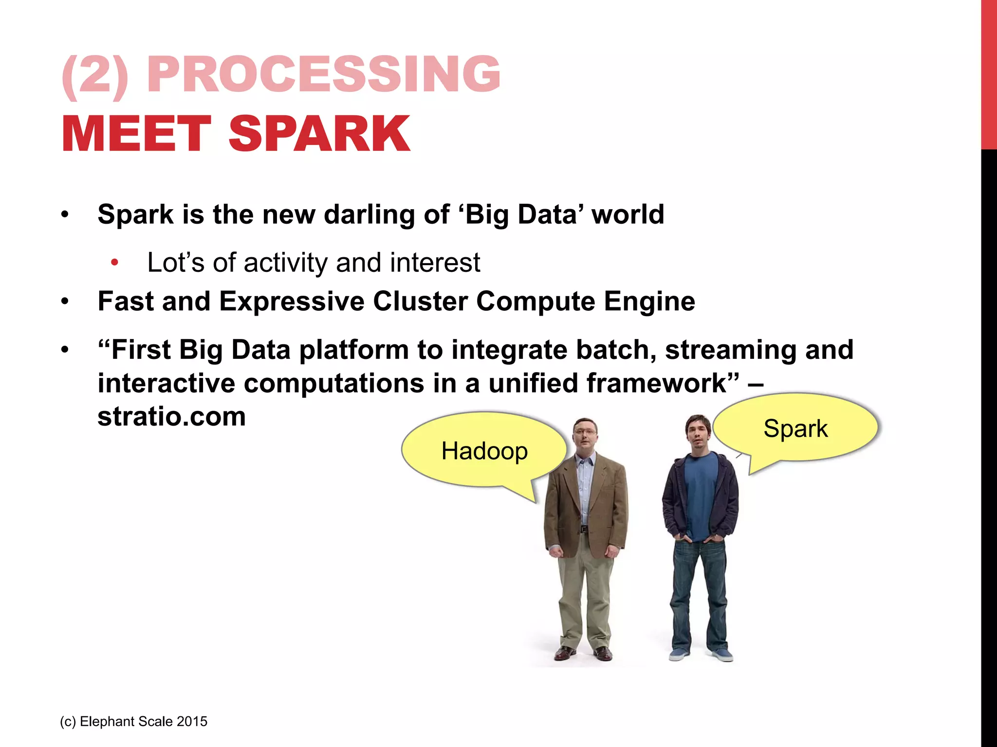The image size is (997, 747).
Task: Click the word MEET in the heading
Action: pos(136,134)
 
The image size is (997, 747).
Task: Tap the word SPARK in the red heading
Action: pos(319,134)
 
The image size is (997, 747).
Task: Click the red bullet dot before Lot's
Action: pos(114,263)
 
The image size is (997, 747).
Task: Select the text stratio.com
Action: pos(171,417)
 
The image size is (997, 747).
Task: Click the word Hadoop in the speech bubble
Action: pos(484,451)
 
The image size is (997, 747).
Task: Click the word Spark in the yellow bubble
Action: pos(795,429)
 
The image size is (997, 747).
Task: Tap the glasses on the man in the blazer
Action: pos(584,431)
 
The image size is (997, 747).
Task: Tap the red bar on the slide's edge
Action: pos(989,73)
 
